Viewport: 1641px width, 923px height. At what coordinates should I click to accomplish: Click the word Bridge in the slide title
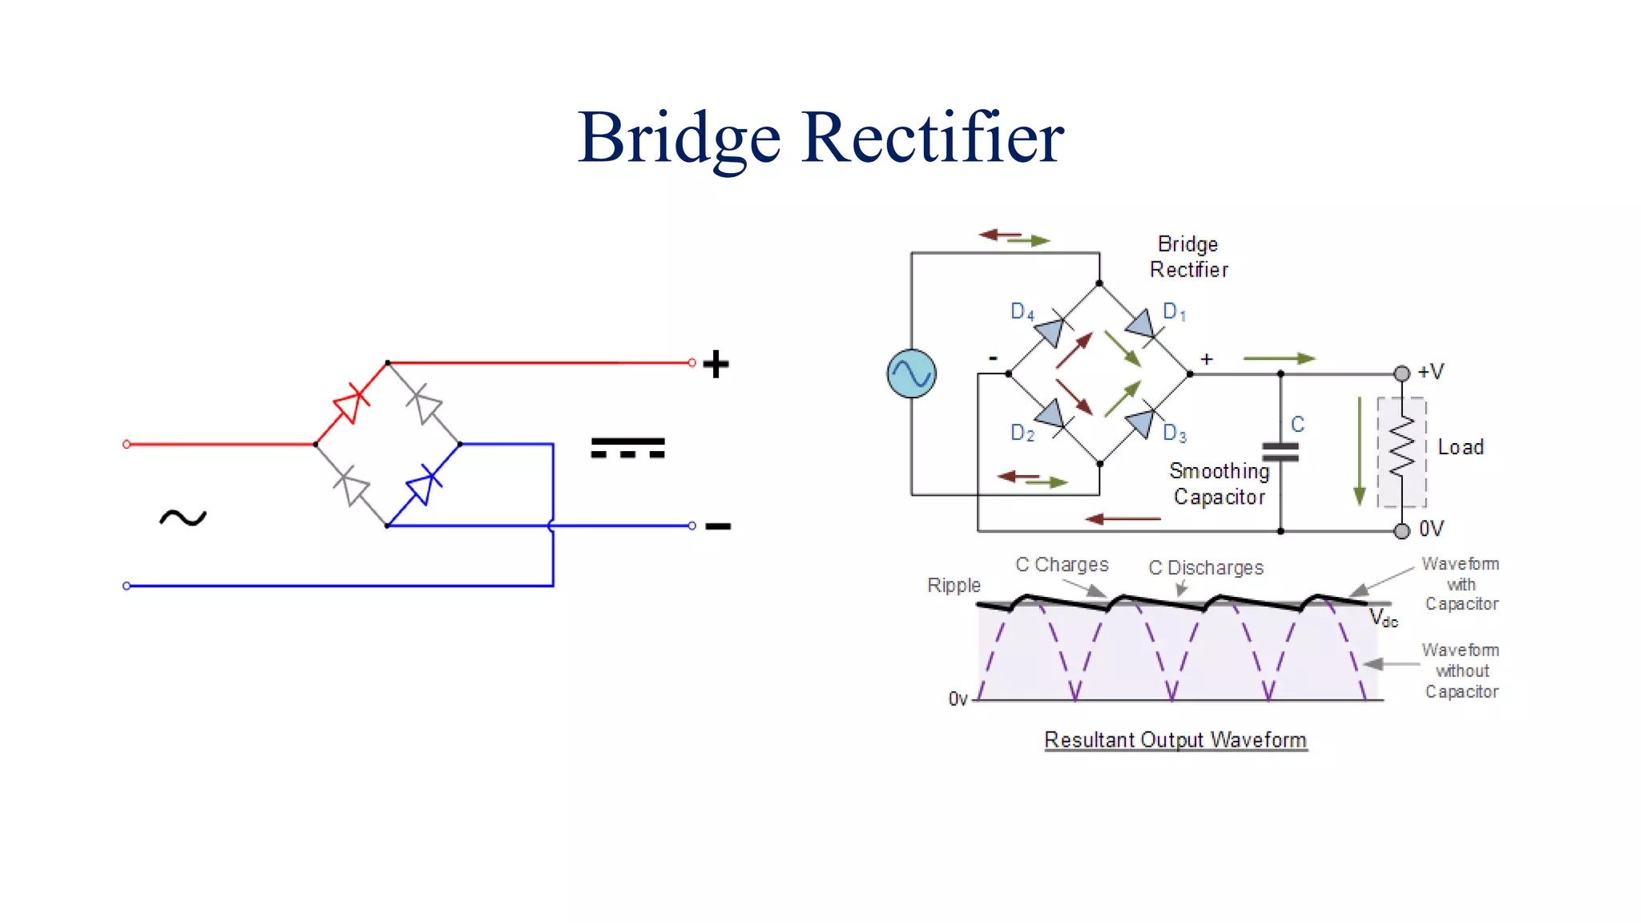679,138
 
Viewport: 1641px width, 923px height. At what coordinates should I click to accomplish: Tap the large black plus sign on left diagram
716,364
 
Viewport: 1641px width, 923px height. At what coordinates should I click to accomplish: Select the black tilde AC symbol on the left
183,518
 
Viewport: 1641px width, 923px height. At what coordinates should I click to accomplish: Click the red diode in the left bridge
352,403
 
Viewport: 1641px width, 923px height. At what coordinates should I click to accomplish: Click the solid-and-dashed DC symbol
627,447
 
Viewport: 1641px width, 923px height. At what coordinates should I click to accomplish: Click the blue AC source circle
911,373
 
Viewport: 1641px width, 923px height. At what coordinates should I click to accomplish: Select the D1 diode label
1174,312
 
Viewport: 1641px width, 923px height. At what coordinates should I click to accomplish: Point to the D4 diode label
1022,311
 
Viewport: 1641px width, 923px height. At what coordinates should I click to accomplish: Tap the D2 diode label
1022,433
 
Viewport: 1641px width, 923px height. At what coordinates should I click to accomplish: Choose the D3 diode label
1174,433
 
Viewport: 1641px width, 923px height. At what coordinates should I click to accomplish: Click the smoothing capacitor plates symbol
1280,453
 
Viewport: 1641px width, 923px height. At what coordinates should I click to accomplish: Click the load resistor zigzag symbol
1401,449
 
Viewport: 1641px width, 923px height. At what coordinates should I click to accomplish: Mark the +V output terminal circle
1401,373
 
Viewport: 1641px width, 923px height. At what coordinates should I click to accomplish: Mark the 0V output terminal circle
1401,530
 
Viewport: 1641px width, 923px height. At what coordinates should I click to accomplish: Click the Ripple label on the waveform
954,586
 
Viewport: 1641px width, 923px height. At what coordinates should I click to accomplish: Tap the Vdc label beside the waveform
1383,619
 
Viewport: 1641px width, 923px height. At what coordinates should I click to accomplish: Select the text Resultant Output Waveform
1175,740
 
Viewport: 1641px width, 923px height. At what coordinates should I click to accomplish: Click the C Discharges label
1205,568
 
